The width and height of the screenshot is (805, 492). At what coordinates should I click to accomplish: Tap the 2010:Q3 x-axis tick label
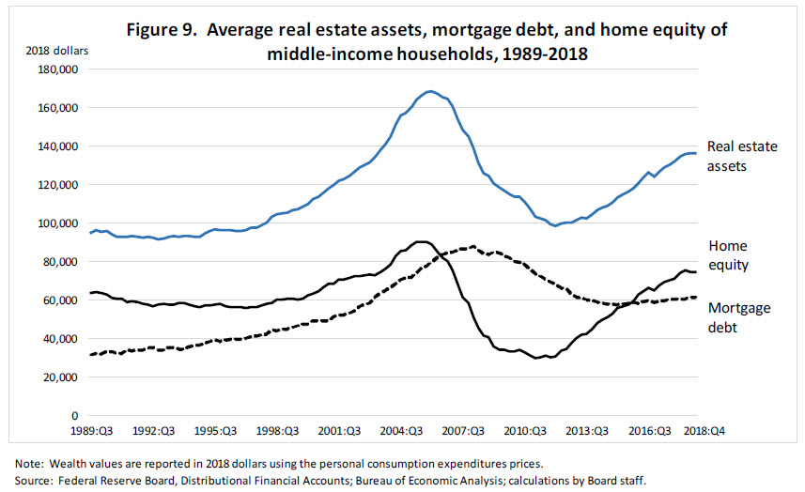pyautogui.click(x=526, y=431)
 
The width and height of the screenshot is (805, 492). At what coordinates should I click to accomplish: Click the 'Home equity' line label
pyautogui.click(x=729, y=255)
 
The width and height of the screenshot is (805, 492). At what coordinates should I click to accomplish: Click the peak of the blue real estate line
pyautogui.click(x=429, y=91)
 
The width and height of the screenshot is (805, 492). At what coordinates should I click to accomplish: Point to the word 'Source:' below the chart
pyautogui.click(x=33, y=479)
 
